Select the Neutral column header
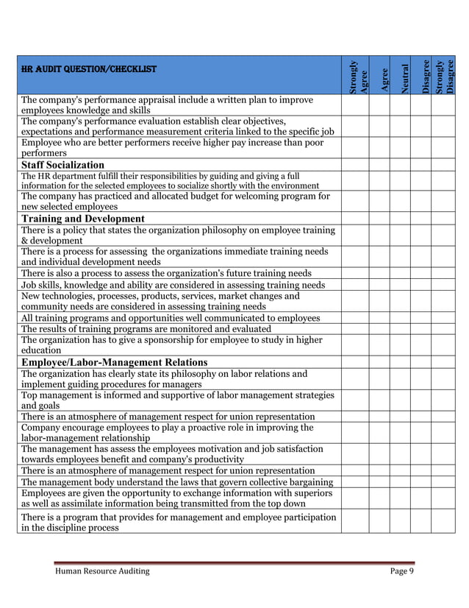coord(404,76)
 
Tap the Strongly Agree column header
coord(356,76)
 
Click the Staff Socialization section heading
coord(62,165)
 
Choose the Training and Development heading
coord(82,219)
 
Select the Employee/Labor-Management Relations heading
coord(114,362)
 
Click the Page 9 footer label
coord(401,570)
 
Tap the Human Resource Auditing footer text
coord(102,570)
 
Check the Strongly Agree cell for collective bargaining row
coord(354,482)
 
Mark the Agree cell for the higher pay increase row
coord(379,147)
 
